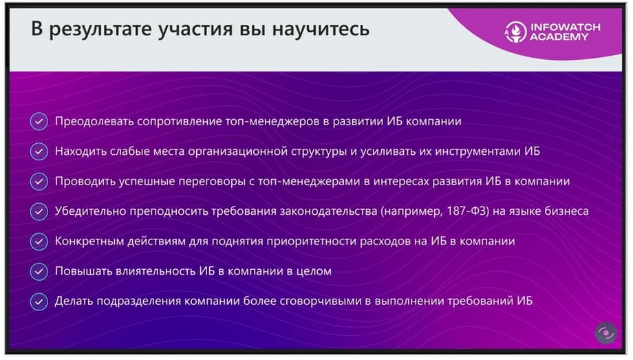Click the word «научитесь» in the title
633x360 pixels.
(321, 29)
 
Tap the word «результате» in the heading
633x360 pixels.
(100, 30)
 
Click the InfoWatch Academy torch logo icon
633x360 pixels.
(515, 32)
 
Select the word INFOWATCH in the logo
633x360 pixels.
(566, 27)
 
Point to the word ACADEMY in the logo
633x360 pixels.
(559, 36)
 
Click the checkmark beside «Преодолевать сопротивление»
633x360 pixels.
(39, 121)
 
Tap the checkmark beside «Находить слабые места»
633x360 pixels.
(39, 151)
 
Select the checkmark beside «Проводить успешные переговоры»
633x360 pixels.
(39, 182)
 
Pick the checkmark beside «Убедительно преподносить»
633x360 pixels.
(39, 211)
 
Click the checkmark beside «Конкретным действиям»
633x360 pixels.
(39, 241)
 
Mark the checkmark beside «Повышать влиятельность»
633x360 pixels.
(39, 271)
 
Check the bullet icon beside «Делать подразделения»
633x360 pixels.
(39, 301)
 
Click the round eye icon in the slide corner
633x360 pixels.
(605, 333)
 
